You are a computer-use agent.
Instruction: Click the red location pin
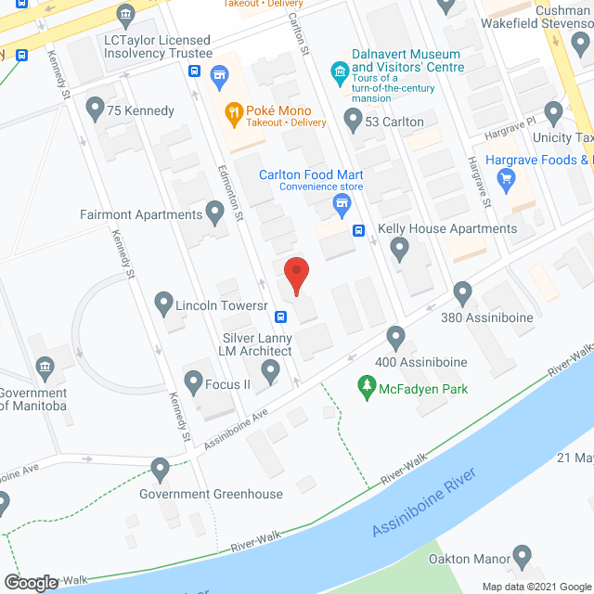tap(296, 274)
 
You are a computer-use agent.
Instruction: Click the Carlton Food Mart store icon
tap(341, 203)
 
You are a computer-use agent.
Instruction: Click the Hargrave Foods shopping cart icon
tap(506, 181)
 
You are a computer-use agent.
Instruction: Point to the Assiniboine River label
tap(423, 502)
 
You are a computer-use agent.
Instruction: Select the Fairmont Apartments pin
tap(215, 214)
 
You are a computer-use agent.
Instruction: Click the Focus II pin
tap(194, 380)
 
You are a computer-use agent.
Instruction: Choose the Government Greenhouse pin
tap(161, 470)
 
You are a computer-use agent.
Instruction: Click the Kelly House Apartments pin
tap(399, 248)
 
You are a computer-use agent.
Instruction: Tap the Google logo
tap(30, 582)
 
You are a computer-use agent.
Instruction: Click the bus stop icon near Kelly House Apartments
tap(358, 230)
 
